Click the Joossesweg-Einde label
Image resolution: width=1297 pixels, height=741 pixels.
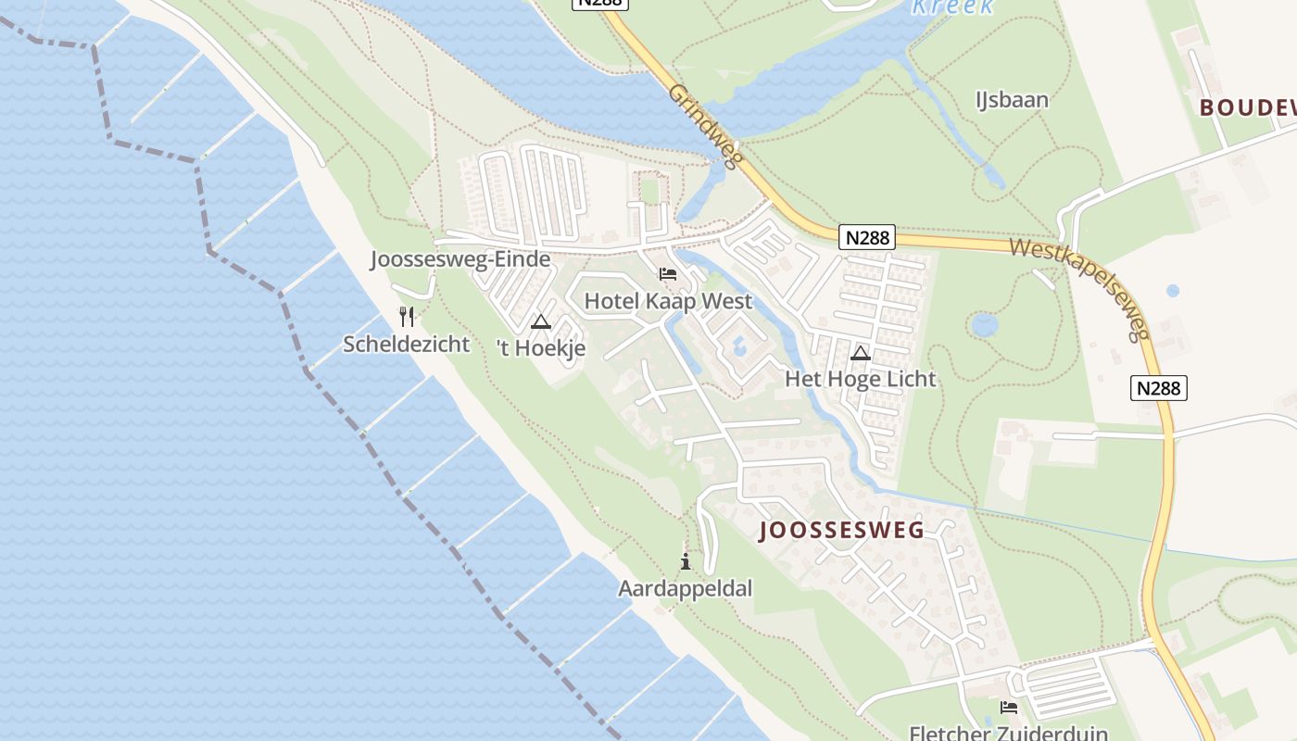(460, 259)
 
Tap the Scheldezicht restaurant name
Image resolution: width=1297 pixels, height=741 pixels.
(406, 344)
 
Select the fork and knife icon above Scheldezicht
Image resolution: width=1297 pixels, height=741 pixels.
(406, 317)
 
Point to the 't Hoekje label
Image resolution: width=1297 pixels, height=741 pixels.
(541, 348)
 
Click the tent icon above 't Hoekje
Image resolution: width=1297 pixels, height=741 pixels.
(541, 322)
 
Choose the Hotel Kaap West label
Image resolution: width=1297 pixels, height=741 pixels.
(668, 301)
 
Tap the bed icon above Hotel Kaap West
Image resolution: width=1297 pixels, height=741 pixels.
(668, 274)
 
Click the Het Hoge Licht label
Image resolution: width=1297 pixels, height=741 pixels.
(860, 378)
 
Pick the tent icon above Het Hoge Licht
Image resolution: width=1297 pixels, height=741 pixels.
(860, 352)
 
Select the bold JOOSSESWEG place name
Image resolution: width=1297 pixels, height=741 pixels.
(841, 530)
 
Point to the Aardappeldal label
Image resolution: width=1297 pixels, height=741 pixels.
(685, 588)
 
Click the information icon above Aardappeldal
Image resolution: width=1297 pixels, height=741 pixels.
(686, 561)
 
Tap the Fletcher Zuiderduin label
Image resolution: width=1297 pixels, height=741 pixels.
(1008, 733)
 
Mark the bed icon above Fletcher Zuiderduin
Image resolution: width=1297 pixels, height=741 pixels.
(1009, 708)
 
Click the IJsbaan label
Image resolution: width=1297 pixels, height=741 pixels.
(1012, 99)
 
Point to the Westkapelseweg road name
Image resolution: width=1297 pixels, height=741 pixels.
(1080, 287)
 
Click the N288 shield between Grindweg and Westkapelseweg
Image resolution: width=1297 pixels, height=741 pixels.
(867, 237)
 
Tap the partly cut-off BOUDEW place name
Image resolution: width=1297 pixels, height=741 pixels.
(1247, 107)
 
